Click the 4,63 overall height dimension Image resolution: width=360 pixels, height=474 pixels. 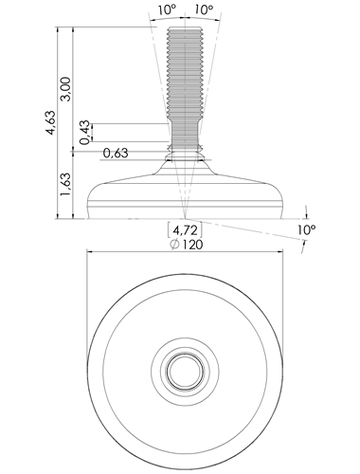(50, 122)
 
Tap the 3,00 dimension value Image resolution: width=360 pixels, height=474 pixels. (66, 88)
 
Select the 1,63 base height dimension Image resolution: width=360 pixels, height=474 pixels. (66, 184)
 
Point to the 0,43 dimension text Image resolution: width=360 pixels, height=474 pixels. (84, 133)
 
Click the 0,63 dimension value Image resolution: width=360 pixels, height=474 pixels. (116, 153)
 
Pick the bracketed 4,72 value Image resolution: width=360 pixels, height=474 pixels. (185, 230)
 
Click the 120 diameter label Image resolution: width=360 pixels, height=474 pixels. (191, 245)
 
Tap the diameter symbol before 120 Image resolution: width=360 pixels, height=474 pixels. (174, 245)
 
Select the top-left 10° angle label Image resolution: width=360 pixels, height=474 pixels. (167, 9)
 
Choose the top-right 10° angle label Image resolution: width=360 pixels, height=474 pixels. (204, 9)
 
